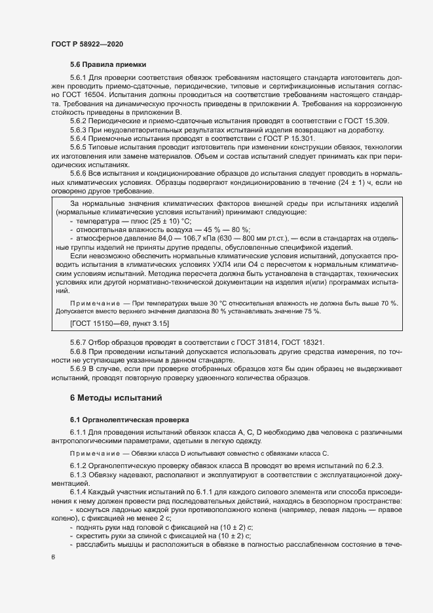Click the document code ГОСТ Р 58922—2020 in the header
pos(86,44)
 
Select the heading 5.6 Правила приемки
pos(108,65)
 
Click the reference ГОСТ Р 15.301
pos(266,139)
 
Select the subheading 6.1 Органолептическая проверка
pos(129,419)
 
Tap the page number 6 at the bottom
pos(54,557)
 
